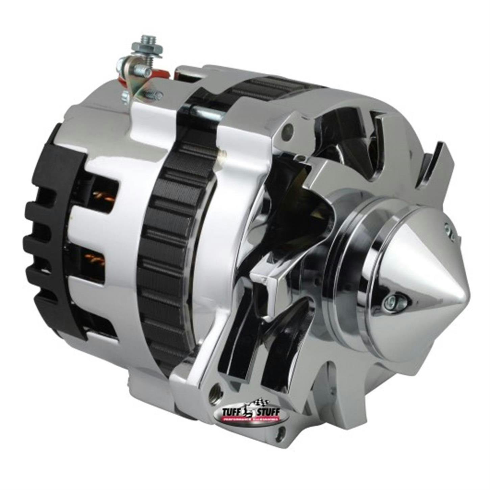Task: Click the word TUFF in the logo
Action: pos(230,411)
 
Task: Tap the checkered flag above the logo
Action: pos(260,402)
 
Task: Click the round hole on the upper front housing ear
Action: pos(288,129)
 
